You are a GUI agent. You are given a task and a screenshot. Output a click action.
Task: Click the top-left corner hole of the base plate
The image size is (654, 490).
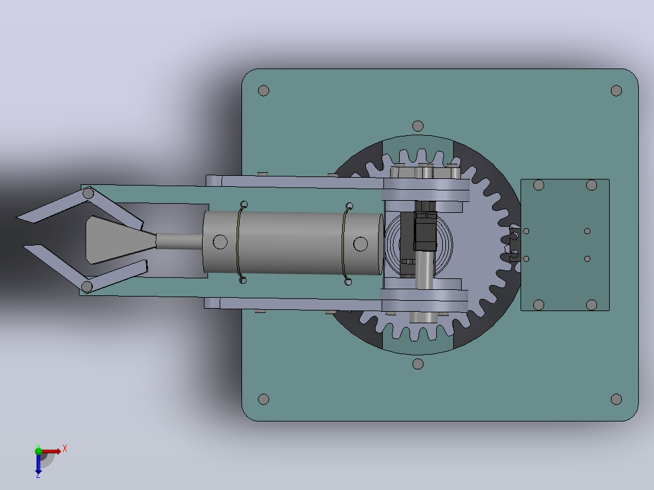coord(263,90)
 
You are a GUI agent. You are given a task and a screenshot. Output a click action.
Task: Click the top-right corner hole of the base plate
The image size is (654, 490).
coord(616,90)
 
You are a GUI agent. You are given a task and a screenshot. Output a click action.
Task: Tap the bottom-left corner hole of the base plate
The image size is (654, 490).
coord(263,399)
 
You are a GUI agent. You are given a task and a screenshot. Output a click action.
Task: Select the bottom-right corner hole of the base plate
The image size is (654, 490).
coord(616,399)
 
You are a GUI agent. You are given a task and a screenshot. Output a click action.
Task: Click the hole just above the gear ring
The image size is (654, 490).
coord(418,126)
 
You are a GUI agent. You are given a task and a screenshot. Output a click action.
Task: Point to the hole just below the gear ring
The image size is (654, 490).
coord(418,364)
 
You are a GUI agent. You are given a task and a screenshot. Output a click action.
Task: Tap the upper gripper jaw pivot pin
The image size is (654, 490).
coord(88,193)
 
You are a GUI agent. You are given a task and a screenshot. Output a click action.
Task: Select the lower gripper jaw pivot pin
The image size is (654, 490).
coord(87,286)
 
